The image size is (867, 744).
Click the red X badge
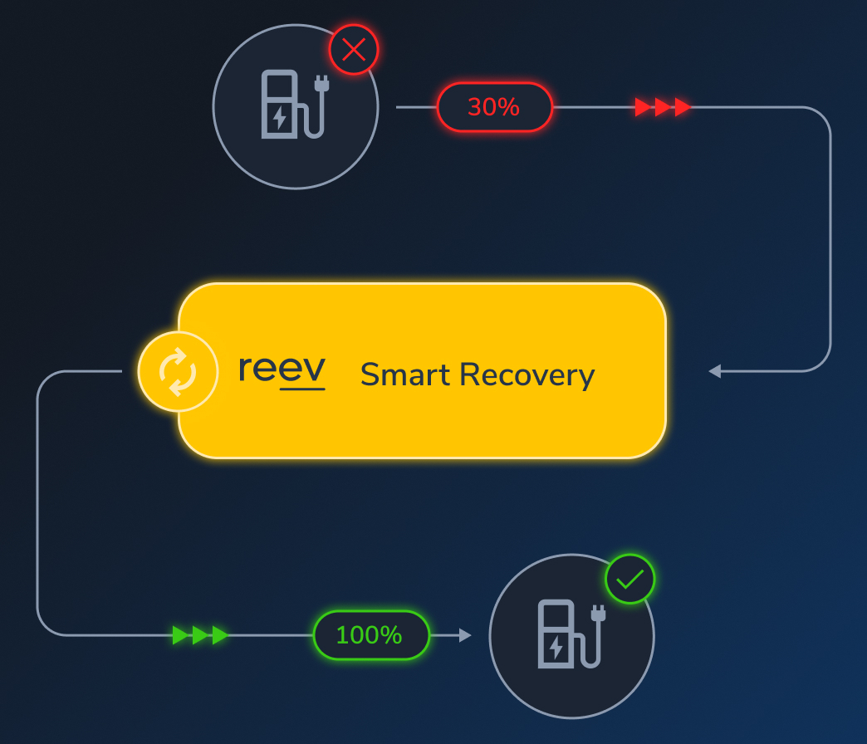click(x=354, y=50)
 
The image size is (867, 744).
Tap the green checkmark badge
click(x=630, y=579)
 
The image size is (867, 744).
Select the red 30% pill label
click(x=494, y=107)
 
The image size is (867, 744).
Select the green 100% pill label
click(x=370, y=635)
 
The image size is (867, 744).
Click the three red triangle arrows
click(x=663, y=107)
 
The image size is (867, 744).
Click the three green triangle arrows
click(x=200, y=635)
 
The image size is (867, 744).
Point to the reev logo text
click(x=282, y=370)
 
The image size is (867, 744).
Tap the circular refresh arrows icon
click(x=178, y=371)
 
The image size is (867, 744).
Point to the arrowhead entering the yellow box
click(x=714, y=371)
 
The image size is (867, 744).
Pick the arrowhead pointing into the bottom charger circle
click(x=465, y=635)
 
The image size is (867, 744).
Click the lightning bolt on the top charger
click(x=280, y=117)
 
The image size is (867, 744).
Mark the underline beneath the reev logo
click(x=302, y=388)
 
